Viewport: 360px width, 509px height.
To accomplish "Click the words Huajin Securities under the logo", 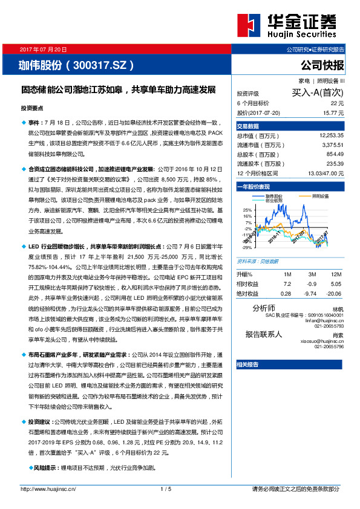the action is click(x=301, y=36).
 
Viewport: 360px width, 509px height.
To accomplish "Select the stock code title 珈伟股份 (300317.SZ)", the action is click(x=76, y=65).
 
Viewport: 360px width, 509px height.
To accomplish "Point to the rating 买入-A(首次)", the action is click(x=318, y=93).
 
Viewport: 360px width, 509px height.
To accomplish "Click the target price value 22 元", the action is click(x=337, y=103).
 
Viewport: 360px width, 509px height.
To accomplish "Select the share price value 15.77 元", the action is click(x=334, y=112).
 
